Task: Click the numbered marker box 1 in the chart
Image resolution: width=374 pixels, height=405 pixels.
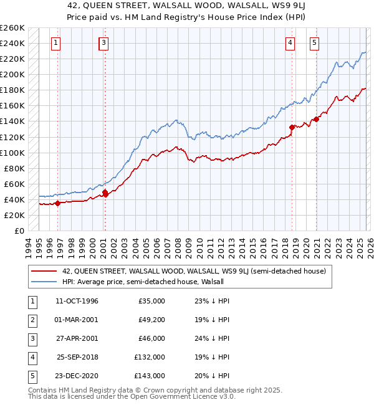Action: click(56, 43)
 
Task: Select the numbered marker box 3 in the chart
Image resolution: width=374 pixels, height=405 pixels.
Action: click(103, 43)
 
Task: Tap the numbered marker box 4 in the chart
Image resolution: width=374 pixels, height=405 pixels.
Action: click(290, 43)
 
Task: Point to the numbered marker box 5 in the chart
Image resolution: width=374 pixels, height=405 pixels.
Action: click(314, 43)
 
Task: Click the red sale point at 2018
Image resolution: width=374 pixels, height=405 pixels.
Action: click(292, 127)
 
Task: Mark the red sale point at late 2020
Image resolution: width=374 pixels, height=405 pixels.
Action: click(316, 119)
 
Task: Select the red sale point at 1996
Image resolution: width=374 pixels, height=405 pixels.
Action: click(57, 203)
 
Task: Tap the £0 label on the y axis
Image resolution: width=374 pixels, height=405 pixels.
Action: click(19, 231)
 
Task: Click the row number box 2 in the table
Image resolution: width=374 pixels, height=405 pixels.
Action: click(30, 320)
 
